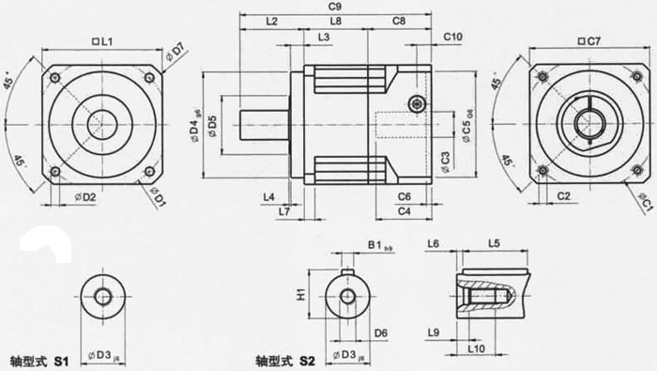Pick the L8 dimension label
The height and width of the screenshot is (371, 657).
(335, 21)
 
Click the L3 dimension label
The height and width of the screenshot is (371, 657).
(324, 37)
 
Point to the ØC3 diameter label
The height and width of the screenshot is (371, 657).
(444, 162)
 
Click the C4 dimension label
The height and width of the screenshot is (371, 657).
(404, 212)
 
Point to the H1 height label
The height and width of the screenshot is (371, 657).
(301, 293)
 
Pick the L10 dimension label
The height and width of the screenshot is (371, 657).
(477, 348)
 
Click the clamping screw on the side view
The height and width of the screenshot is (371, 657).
(416, 101)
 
